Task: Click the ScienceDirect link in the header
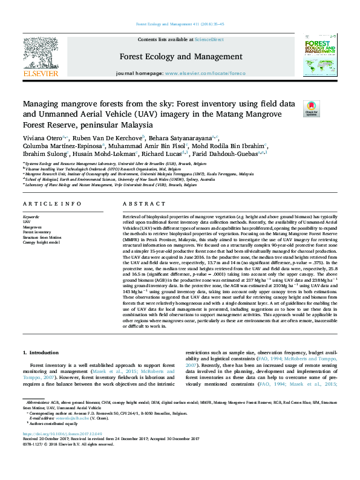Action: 209,39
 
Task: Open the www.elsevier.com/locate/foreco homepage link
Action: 205,73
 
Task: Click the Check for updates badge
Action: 311,108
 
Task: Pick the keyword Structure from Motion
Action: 42,237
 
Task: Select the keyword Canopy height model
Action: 41,242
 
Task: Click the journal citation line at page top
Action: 180,24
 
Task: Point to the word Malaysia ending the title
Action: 136,125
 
